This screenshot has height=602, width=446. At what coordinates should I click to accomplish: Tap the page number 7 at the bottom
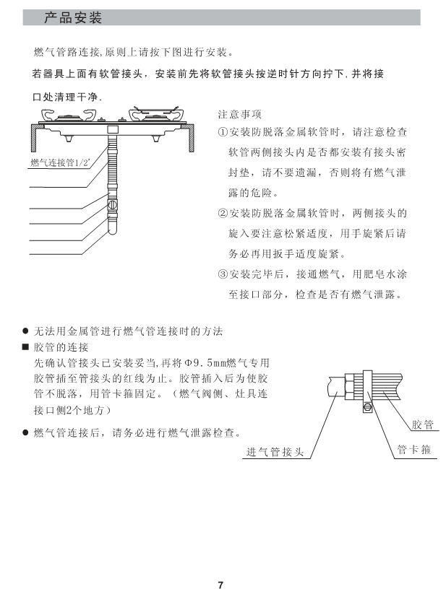222,585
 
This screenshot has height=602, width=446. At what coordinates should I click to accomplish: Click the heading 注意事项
239,114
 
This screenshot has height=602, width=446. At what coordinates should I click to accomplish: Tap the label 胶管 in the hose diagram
422,424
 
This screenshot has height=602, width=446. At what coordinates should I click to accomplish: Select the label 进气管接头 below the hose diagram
275,453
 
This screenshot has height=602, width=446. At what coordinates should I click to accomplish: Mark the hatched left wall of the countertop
34,138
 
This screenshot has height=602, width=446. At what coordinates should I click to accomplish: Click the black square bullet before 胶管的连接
25,346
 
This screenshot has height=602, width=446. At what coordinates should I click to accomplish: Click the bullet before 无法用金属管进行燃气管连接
25,331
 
